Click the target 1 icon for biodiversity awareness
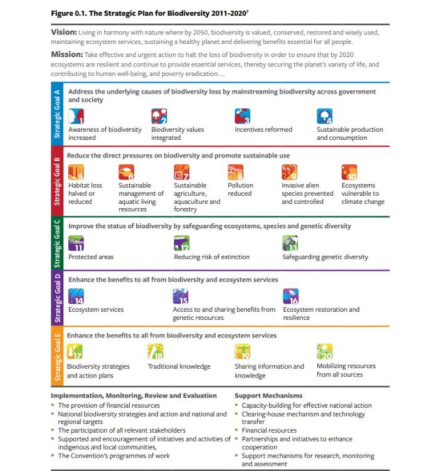click(77, 116)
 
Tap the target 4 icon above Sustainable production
click(325, 116)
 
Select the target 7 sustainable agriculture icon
click(182, 172)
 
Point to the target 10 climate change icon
click(349, 172)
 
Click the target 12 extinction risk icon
click(182, 243)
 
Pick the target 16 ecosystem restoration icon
click(291, 296)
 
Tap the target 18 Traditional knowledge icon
click(155, 352)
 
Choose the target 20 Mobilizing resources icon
click(324, 351)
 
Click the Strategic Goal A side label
click(57, 112)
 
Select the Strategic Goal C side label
click(57, 241)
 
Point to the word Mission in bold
click(67, 55)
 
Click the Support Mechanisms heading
click(268, 396)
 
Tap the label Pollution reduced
click(240, 189)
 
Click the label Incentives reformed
click(263, 130)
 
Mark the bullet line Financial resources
click(269, 431)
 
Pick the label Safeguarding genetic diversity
click(325, 257)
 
